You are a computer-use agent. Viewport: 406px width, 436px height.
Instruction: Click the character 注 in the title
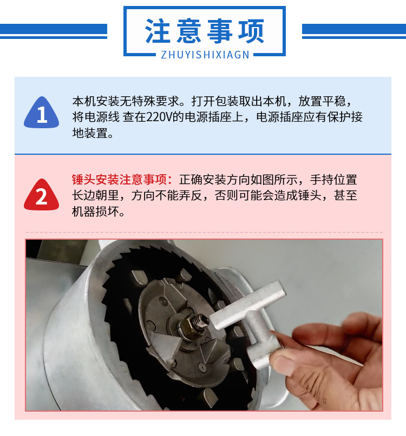pyautogui.click(x=157, y=31)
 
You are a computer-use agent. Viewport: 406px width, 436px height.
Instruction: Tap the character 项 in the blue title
pyautogui.click(x=251, y=31)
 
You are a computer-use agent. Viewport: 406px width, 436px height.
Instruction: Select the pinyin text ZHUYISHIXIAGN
pyautogui.click(x=205, y=55)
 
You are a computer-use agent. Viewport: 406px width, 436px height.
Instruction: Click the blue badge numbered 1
pyautogui.click(x=42, y=112)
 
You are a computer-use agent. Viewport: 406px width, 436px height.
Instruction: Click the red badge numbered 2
pyautogui.click(x=42, y=195)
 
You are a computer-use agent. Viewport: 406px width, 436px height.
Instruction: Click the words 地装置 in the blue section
pyautogui.click(x=90, y=133)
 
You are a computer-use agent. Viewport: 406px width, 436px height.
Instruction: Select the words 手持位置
pyautogui.click(x=333, y=180)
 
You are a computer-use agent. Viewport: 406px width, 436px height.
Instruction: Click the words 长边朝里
pyautogui.click(x=95, y=195)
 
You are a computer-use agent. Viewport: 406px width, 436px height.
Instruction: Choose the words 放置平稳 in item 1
pyautogui.click(x=322, y=101)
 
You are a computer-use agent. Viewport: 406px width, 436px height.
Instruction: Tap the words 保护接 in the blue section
pyautogui.click(x=345, y=117)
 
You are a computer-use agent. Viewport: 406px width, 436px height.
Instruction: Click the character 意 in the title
pyautogui.click(x=189, y=31)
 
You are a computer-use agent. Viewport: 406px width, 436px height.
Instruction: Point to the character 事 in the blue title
pyautogui.click(x=220, y=31)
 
